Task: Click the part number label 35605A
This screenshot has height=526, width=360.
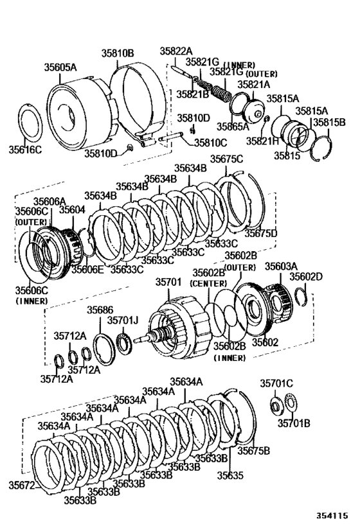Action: [x=60, y=66]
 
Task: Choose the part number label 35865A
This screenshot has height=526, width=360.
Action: [x=232, y=127]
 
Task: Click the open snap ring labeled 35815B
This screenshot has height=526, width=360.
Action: [x=323, y=149]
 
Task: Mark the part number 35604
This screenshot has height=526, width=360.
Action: [x=72, y=209]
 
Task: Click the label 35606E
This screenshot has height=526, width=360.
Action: [x=87, y=270]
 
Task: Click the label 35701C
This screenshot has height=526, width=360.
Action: [x=276, y=383]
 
